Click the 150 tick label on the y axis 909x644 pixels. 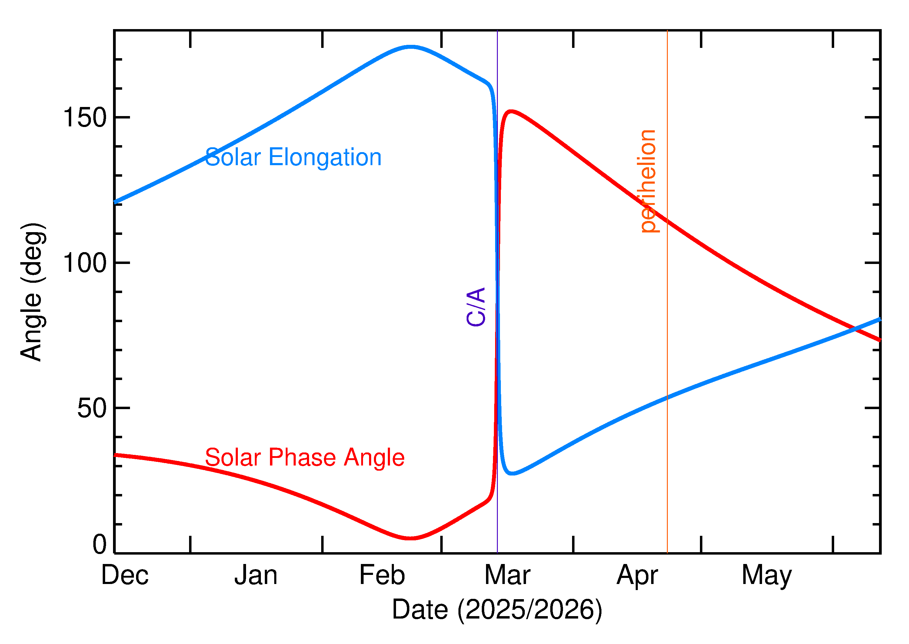pos(85,118)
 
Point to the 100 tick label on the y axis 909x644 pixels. pos(85,263)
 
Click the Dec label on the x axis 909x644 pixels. pos(125,575)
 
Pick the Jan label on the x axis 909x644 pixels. pos(256,575)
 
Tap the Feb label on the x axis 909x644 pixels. pos(382,575)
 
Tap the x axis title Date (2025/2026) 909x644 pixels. pos(497,609)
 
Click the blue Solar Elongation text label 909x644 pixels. pos(293,157)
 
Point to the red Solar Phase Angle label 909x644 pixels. pos(305,457)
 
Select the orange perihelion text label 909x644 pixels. pos(648,181)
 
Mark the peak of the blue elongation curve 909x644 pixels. pos(411,47)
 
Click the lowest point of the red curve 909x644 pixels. pos(410,538)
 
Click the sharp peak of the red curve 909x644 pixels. pos(511,112)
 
